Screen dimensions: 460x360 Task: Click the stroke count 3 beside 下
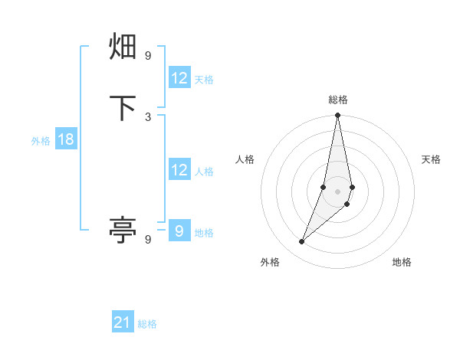coord(148,116)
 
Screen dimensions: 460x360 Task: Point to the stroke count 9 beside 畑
coord(148,56)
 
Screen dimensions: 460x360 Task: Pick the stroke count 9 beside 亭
coord(148,239)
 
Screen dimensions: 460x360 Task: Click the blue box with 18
coord(65,139)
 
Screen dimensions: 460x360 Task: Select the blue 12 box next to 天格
coord(179,78)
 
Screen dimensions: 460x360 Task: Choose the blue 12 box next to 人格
coord(179,170)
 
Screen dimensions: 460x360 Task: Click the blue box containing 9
coord(179,231)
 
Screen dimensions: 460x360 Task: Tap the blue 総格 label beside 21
coord(147,324)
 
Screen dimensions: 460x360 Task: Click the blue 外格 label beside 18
coord(40,141)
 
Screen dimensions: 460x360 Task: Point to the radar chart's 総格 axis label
coord(338,100)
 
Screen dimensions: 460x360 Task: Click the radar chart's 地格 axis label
coord(402,262)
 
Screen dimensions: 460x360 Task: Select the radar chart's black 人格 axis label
coord(245,159)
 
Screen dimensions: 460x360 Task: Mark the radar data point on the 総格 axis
coord(338,116)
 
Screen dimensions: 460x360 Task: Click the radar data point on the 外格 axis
coord(301,242)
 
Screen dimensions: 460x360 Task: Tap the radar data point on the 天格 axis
coord(352,187)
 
